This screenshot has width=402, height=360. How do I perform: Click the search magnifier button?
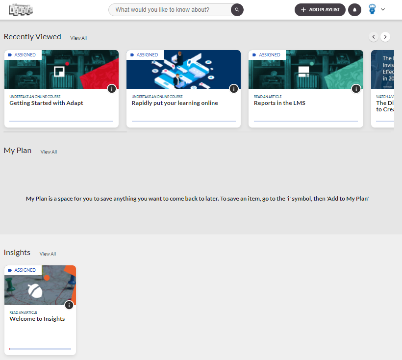click(x=237, y=10)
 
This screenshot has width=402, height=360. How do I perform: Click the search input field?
click(x=169, y=10)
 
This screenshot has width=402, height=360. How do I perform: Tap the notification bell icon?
click(x=354, y=10)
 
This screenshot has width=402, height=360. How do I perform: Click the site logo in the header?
click(x=20, y=9)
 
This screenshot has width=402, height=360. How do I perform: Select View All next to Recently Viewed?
click(x=78, y=38)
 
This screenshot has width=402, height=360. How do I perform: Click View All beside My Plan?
click(x=49, y=152)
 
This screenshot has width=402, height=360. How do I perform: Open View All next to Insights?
click(x=48, y=254)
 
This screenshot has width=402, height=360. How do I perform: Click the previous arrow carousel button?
click(x=374, y=37)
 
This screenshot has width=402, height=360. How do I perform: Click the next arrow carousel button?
click(x=386, y=37)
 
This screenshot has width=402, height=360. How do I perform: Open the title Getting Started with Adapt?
click(x=46, y=103)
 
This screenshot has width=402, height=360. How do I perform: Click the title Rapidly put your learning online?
click(x=175, y=103)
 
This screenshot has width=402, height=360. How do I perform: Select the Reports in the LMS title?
click(x=279, y=103)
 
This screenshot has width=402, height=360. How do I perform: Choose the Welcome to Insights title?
click(x=37, y=319)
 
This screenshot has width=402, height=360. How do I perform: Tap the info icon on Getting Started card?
click(x=112, y=89)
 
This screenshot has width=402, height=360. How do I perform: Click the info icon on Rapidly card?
click(x=234, y=89)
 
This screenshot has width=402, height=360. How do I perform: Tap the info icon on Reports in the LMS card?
click(x=356, y=89)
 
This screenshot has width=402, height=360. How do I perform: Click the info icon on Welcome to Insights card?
click(x=69, y=305)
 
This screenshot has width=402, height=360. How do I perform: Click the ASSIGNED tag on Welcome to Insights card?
click(x=23, y=270)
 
